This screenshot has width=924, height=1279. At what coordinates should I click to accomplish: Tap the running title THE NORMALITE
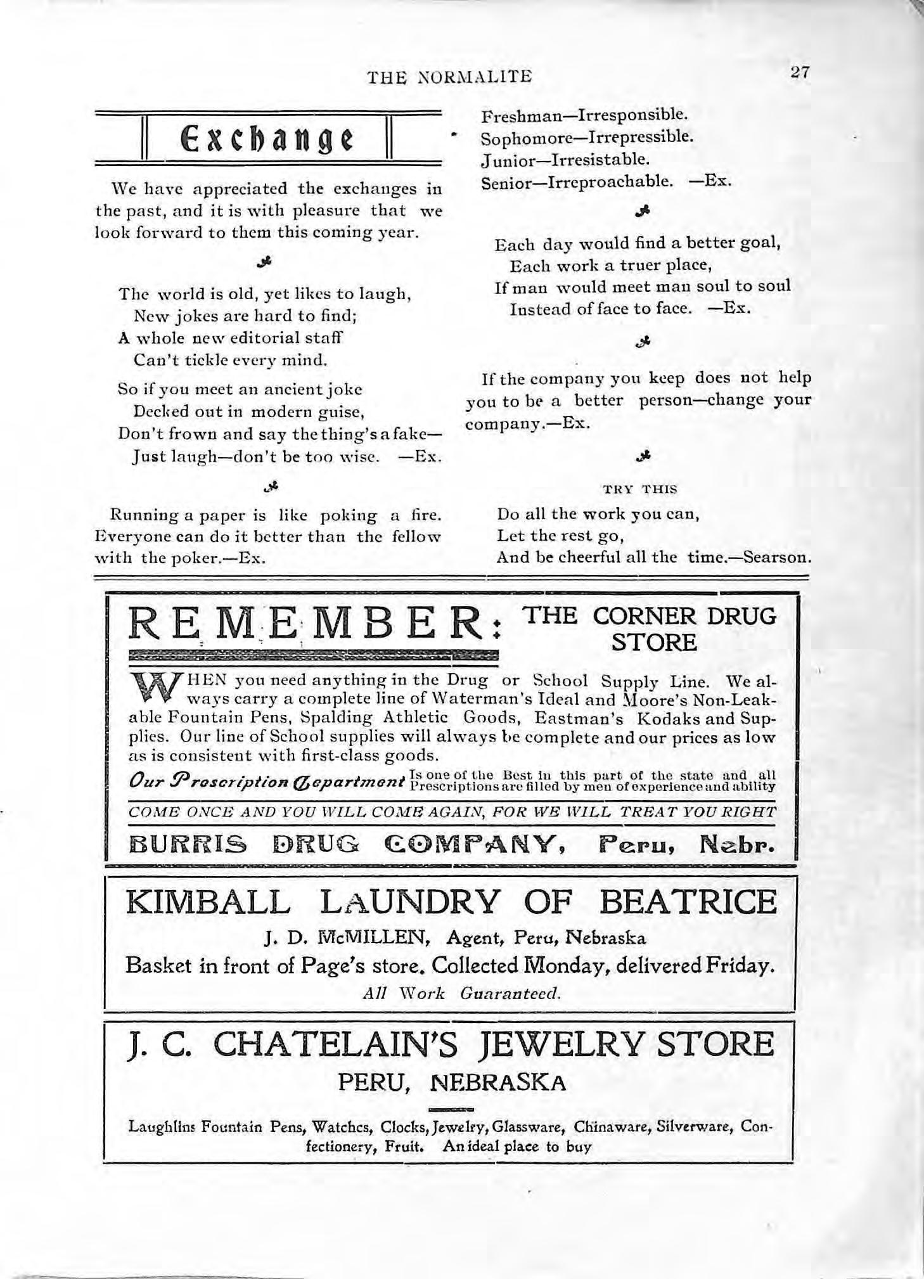pos(450,77)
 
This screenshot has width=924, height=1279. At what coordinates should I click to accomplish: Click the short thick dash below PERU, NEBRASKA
pos(451,1109)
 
